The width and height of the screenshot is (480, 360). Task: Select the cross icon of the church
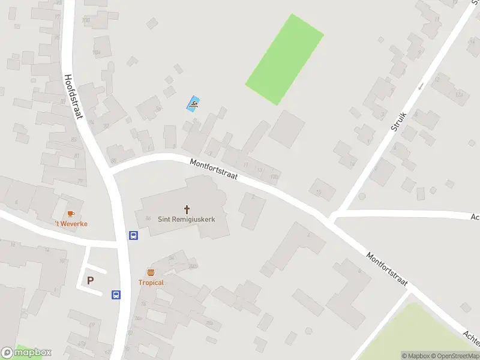point(187,209)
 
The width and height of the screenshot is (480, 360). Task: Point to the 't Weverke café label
point(71,224)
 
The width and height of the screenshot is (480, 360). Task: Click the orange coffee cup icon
point(71,214)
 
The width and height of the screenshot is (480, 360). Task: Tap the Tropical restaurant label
point(151,283)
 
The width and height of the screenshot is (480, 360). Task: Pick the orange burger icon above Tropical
point(151,273)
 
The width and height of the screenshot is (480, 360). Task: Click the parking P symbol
point(91,280)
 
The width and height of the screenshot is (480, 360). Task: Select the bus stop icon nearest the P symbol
point(116,295)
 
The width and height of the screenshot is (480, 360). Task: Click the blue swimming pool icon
point(193,104)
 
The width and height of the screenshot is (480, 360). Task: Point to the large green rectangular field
point(285,59)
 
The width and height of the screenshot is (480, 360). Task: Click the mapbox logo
point(26,352)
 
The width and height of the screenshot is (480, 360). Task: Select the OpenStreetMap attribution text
point(454,356)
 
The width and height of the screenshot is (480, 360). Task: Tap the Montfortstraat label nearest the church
point(214,170)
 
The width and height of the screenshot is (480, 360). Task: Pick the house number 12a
point(459,94)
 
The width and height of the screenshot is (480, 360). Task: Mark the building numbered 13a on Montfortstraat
point(274,176)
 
